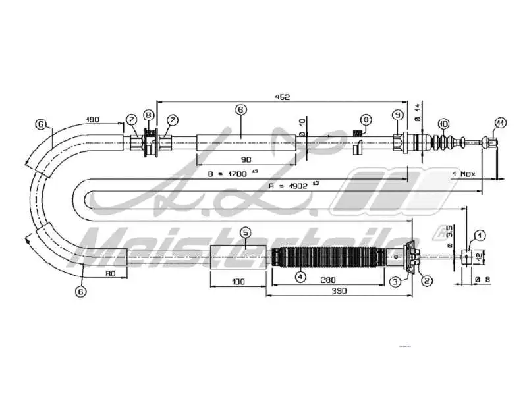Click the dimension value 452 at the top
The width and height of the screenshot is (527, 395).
[x=282, y=97]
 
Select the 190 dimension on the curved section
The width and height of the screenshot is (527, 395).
[x=93, y=120]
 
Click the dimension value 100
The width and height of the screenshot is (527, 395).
[x=238, y=282]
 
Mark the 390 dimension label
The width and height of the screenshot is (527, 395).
[x=338, y=291]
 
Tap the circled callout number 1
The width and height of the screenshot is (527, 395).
[x=479, y=234]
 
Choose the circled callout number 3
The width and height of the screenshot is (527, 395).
[x=395, y=281]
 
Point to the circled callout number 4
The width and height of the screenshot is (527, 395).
[x=300, y=277]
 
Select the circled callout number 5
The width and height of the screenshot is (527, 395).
[x=245, y=232]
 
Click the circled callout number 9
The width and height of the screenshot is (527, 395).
[x=397, y=115]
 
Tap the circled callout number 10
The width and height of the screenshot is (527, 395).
[x=443, y=123]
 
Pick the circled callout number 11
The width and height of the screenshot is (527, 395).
[x=500, y=123]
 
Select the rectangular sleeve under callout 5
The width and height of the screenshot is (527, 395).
[x=238, y=257]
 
